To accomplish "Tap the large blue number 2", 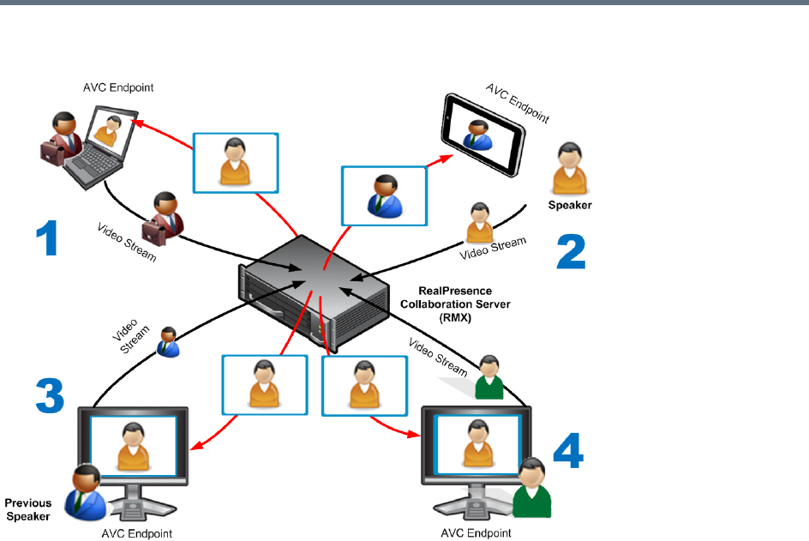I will (571, 251).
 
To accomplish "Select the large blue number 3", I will (50, 395).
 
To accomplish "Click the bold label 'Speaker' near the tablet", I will (570, 206).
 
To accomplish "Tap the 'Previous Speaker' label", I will (28, 509).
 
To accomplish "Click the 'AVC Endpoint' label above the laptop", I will (118, 87).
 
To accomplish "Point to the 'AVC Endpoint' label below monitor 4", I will (476, 533).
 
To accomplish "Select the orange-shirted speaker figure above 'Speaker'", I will (569, 170).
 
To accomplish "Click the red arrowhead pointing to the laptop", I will (136, 122).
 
